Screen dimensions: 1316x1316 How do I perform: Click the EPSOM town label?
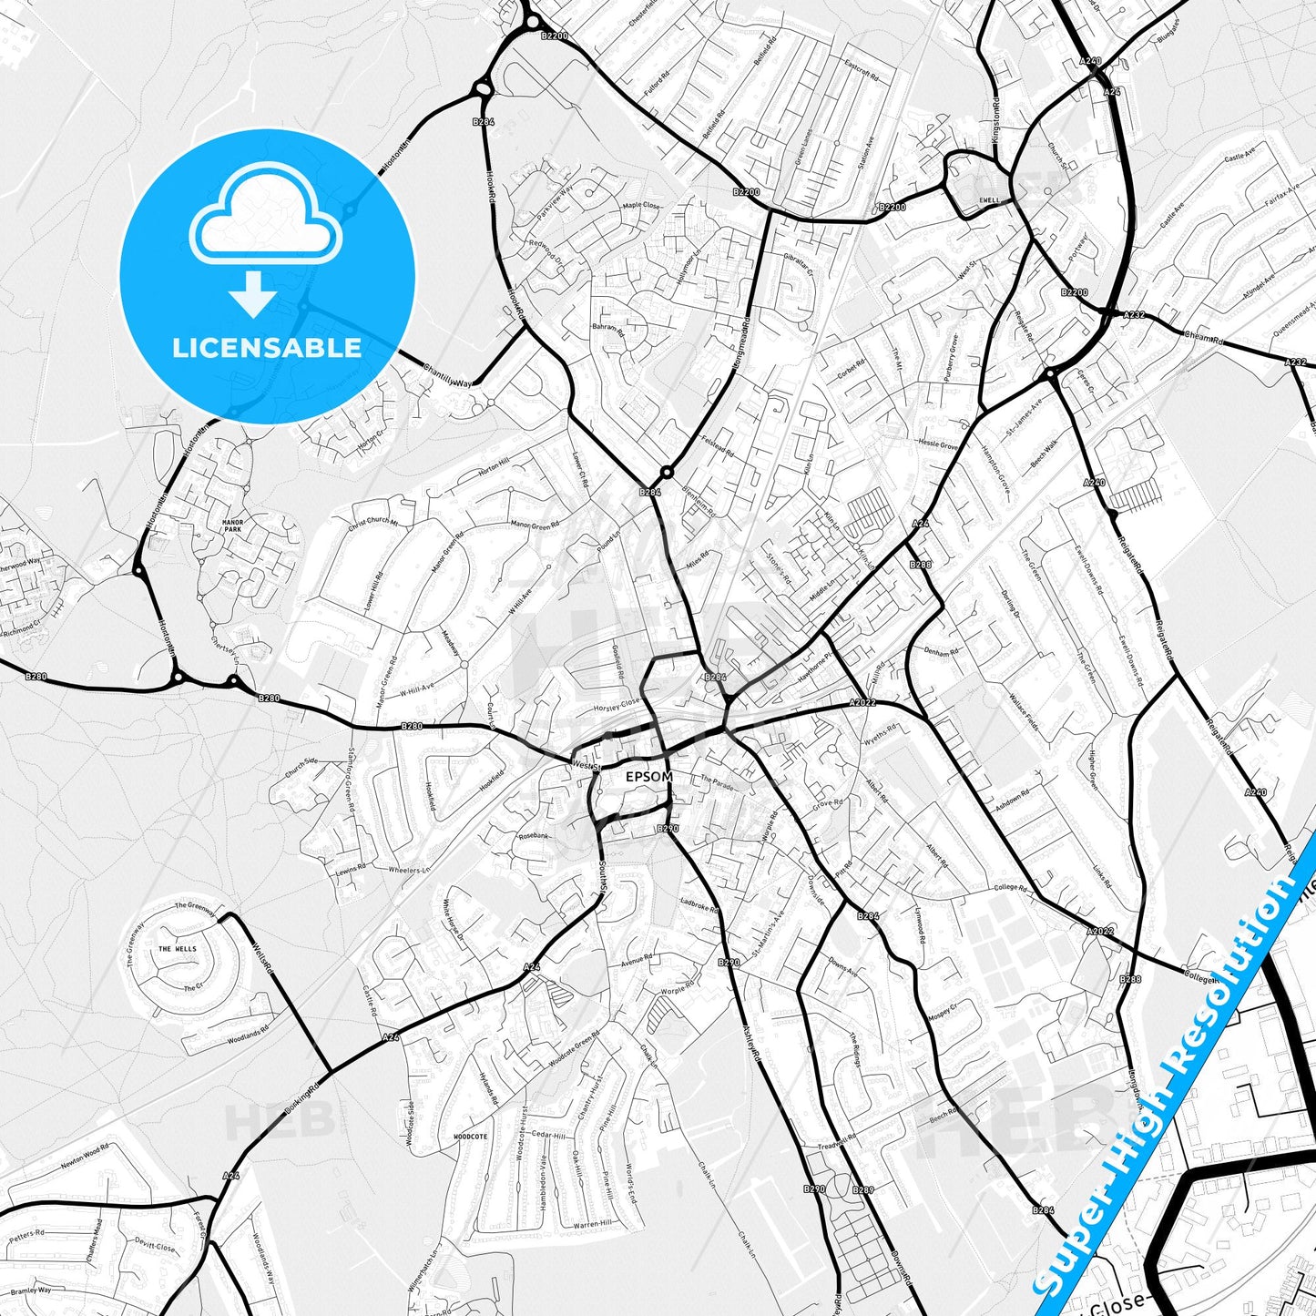pyautogui.click(x=649, y=777)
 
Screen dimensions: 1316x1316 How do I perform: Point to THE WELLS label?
pyautogui.click(x=177, y=949)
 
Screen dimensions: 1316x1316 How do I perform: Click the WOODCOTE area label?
pyautogui.click(x=471, y=1137)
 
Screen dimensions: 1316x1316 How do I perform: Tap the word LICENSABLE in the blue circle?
pyautogui.click(x=267, y=347)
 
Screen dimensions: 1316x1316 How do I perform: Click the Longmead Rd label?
pyautogui.click(x=740, y=342)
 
